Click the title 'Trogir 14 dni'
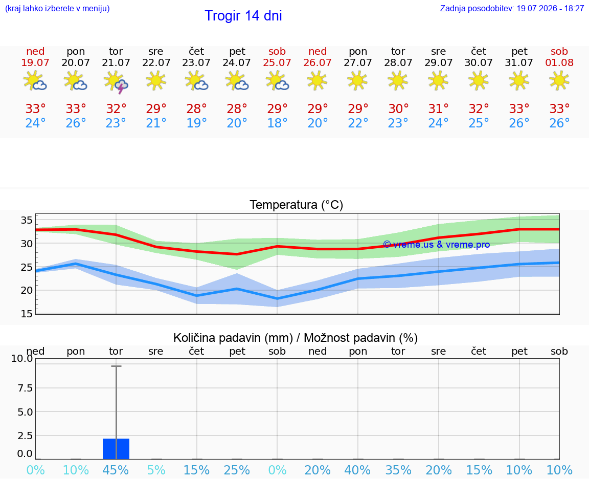pos(243,16)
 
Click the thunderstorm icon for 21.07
pos(116,82)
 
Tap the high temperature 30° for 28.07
pos(398,109)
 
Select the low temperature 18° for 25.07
pos(277,123)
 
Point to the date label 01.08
pos(559,62)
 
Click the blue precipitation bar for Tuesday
pos(116,449)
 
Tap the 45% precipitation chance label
pos(116,470)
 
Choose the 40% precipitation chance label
pos(357,470)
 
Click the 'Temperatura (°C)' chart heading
pos(297,205)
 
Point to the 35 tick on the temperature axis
pos(27,221)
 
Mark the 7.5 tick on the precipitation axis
pos(25,388)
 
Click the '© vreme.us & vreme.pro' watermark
pos(437,245)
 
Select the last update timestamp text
pos(512,9)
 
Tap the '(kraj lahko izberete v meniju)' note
pos(57,9)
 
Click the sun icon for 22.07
pos(156,81)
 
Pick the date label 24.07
pos(237,62)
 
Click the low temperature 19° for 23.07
pos(196,123)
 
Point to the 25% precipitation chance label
pos(237,470)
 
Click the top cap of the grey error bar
pos(116,366)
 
